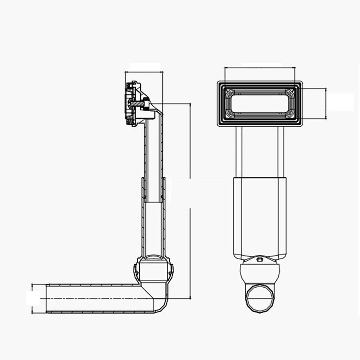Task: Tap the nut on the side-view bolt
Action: click(x=146, y=104)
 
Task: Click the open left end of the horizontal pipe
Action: click(x=47, y=298)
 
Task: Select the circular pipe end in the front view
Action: click(x=259, y=298)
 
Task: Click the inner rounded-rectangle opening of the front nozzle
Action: click(x=259, y=103)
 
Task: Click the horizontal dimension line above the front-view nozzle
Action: click(x=259, y=67)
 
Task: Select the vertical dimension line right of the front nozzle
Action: click(x=326, y=103)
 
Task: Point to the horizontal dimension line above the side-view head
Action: click(x=144, y=72)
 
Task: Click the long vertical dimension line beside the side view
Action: click(x=190, y=202)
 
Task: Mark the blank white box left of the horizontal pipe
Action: click(x=33, y=298)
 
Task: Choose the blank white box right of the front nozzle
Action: click(x=341, y=102)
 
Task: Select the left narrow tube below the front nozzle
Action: click(x=239, y=151)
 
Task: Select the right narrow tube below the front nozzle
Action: click(x=281, y=151)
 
